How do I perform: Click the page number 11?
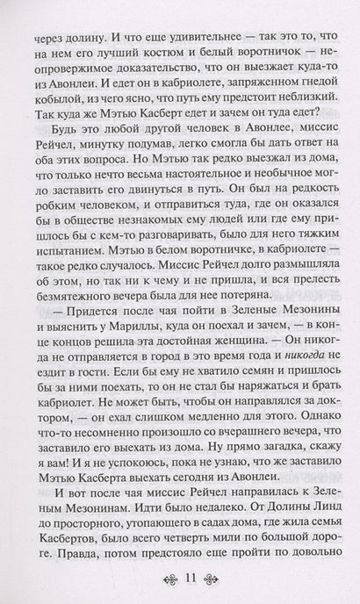tap(181, 581)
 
